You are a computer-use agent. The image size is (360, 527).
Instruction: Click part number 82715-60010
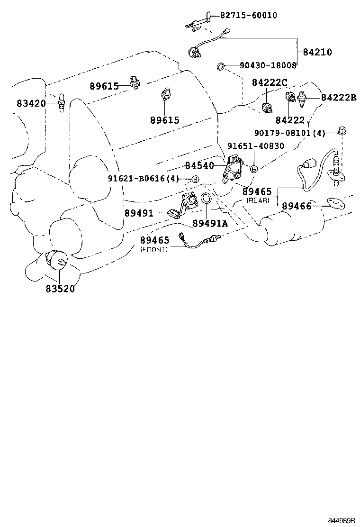[248, 16]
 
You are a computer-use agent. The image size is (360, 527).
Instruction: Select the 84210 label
[315, 53]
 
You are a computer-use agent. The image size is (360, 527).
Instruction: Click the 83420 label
[31, 102]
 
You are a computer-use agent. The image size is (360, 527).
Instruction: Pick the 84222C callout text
[270, 83]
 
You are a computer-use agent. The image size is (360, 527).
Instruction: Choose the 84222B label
[338, 98]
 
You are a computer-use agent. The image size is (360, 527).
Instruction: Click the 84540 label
[199, 166]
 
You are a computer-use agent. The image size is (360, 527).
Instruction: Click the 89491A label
[210, 223]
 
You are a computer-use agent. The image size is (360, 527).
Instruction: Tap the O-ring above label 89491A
[207, 200]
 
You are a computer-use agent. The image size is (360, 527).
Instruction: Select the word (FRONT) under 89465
[154, 250]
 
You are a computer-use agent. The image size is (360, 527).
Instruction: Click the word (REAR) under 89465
[258, 200]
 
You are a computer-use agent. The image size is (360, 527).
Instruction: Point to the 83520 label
[60, 288]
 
